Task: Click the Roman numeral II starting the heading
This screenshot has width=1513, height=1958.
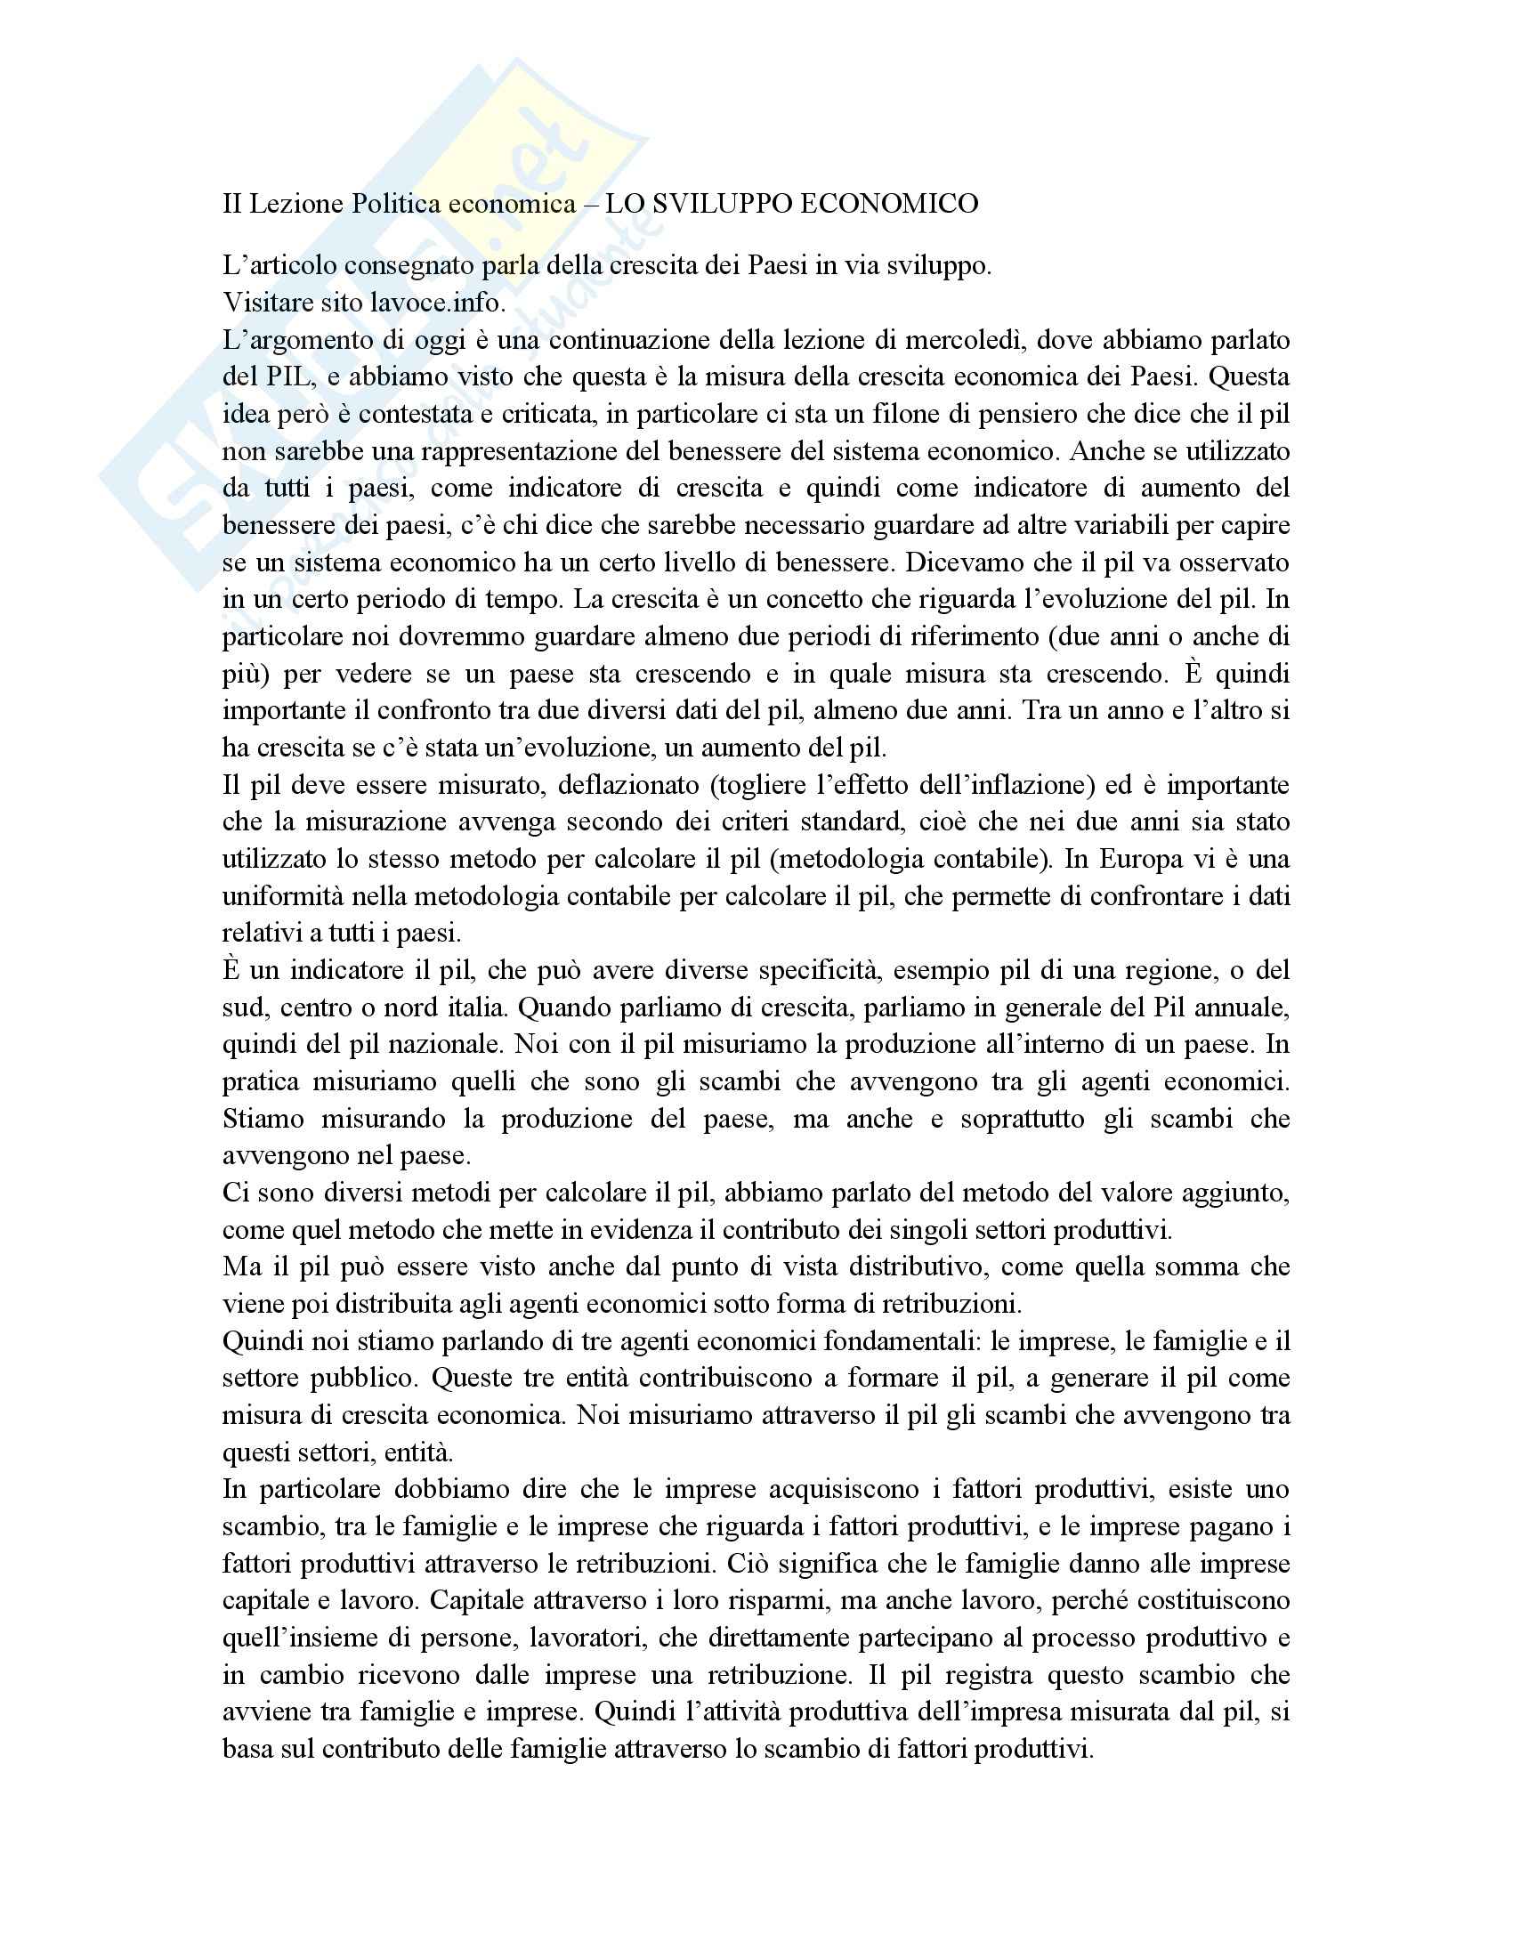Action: pyautogui.click(x=232, y=205)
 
